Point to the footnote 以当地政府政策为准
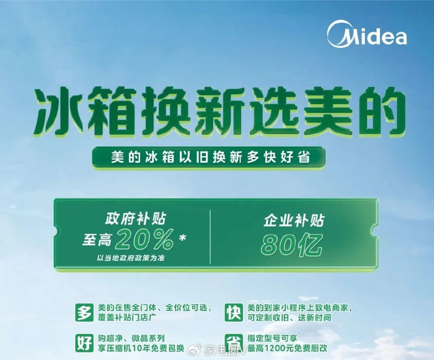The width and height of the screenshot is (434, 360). (131, 257)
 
